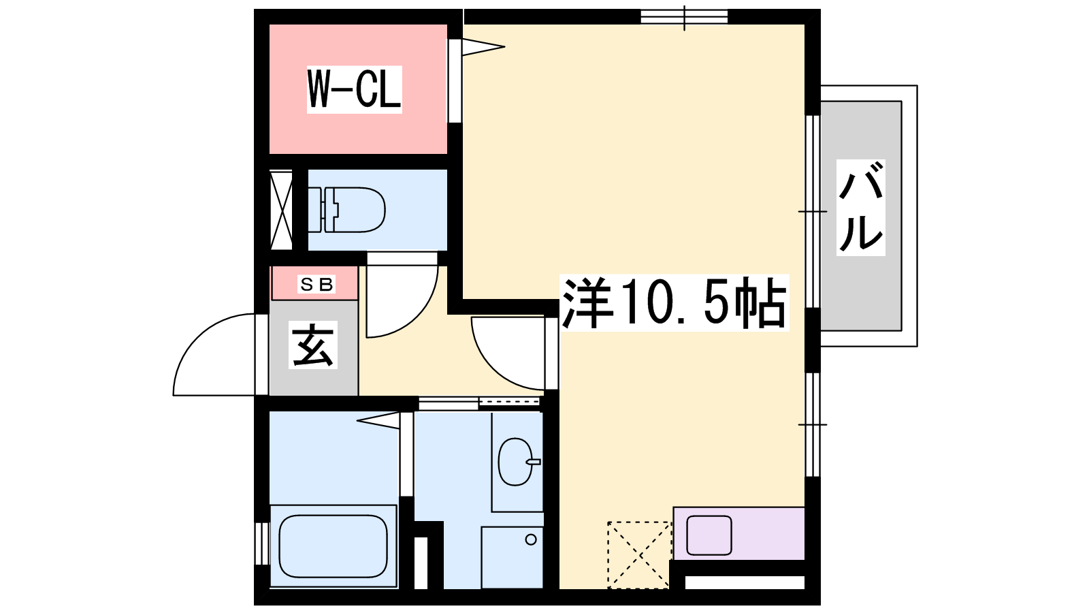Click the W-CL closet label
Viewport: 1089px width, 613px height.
click(354, 89)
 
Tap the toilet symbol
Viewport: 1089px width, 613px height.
click(347, 210)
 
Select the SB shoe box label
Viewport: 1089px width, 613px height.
click(316, 283)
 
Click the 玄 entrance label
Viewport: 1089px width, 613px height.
click(313, 345)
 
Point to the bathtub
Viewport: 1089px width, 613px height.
click(333, 546)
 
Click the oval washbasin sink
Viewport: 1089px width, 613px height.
click(516, 462)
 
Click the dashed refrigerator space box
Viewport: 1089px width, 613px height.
click(639, 554)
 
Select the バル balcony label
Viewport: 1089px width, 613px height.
click(860, 207)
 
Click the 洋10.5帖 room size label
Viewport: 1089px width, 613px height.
click(674, 303)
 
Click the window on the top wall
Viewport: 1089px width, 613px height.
click(684, 16)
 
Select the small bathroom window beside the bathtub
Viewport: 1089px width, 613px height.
click(262, 544)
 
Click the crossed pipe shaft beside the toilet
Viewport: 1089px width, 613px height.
click(281, 210)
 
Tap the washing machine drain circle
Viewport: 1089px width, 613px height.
click(531, 539)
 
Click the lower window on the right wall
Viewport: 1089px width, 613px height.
click(813, 425)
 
